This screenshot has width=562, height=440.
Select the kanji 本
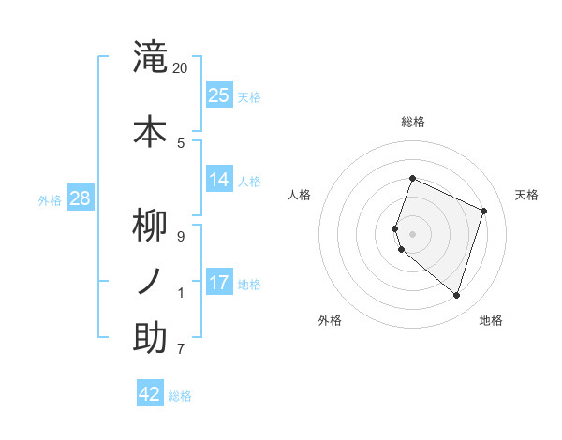[150, 130]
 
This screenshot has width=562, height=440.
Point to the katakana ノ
[150, 282]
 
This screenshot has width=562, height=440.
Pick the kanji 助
[150, 337]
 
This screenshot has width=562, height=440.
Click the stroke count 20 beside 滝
[181, 68]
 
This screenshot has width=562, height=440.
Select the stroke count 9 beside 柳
[181, 237]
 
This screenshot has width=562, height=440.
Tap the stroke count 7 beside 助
[181, 349]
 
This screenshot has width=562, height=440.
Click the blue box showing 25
[219, 95]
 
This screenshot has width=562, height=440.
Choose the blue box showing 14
[219, 180]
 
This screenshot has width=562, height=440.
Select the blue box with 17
[219, 282]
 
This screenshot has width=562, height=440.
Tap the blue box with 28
[80, 198]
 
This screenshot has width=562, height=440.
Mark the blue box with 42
[150, 394]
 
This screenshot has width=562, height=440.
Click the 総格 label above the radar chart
[413, 122]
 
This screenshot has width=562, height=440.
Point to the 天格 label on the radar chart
[527, 195]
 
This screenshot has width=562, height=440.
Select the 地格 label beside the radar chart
[491, 320]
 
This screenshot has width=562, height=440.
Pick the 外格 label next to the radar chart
[330, 320]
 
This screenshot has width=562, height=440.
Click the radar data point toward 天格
[484, 211]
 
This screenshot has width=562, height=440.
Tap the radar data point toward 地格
[456, 295]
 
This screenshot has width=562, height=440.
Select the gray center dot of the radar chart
[413, 233]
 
